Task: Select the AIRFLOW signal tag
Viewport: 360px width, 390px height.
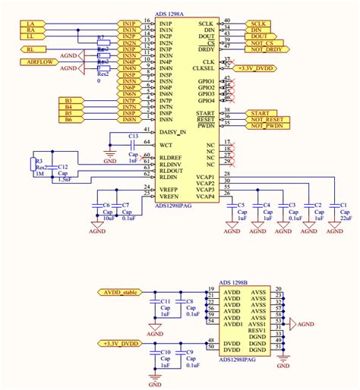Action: (40, 61)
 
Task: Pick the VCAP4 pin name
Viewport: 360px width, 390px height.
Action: (206, 196)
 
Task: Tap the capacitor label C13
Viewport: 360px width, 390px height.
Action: (133, 136)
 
